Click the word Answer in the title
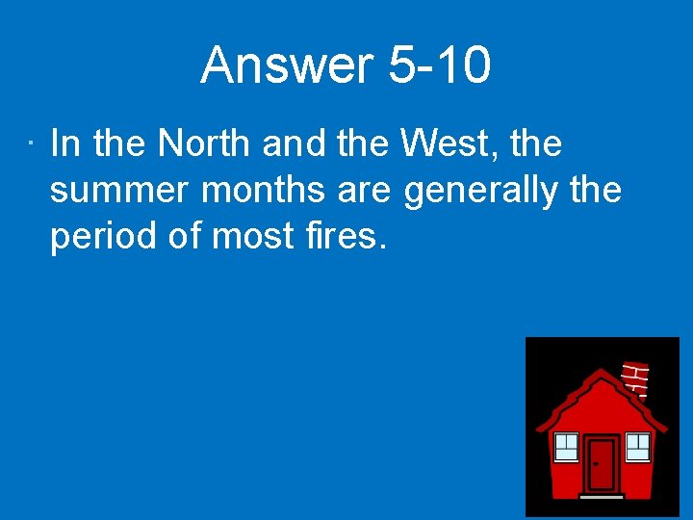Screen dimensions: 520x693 (287, 65)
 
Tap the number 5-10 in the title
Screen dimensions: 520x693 (440, 65)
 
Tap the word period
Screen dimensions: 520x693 (101, 236)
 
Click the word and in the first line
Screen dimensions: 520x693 (295, 144)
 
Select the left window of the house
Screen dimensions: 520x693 (566, 446)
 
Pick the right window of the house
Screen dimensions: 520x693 (637, 446)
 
